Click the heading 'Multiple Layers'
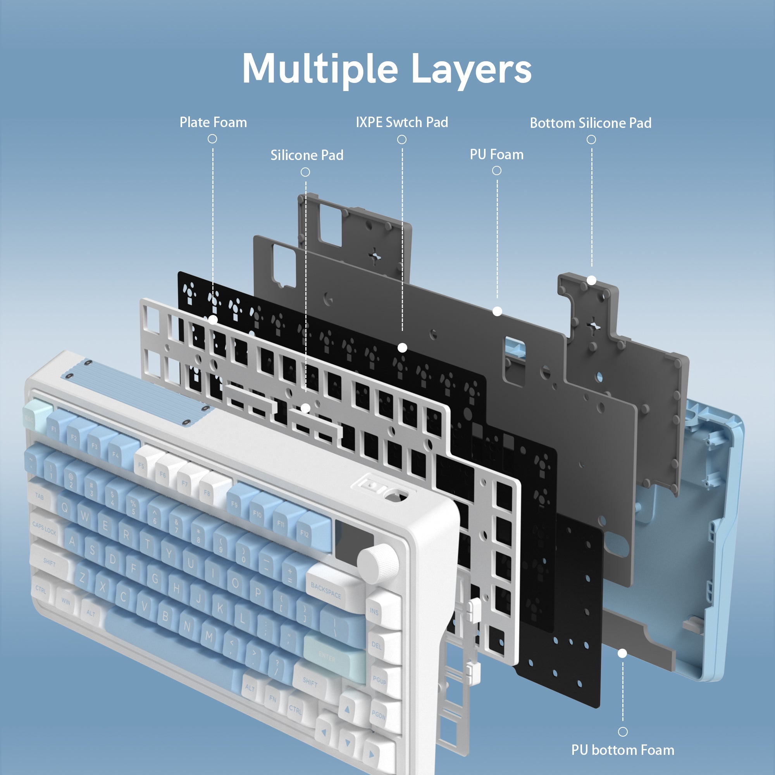[x=387, y=69]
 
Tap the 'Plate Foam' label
[x=213, y=122]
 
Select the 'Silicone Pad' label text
[x=307, y=155]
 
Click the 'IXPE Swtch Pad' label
[x=402, y=122]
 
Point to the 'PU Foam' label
[x=497, y=155]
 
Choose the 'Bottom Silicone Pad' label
[x=591, y=123]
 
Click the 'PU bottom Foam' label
[x=623, y=750]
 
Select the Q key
[x=64, y=508]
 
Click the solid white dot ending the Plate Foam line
[x=213, y=320]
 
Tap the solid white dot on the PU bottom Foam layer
[x=622, y=653]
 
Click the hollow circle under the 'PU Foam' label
[x=497, y=171]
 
